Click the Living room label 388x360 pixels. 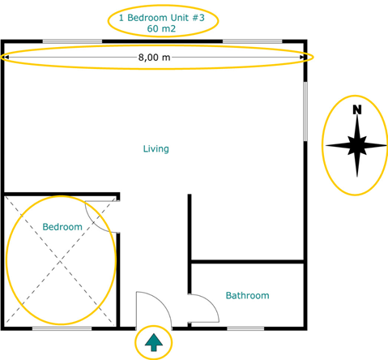click(x=156, y=149)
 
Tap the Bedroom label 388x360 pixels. click(x=62, y=227)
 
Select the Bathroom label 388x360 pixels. click(x=248, y=295)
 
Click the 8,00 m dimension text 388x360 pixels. click(x=154, y=58)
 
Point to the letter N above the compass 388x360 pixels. click(x=357, y=109)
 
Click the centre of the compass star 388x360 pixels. click(x=357, y=145)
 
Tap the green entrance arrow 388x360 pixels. click(x=154, y=342)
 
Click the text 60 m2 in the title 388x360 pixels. click(x=161, y=28)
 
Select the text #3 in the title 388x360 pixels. click(x=198, y=18)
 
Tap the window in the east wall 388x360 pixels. click(x=305, y=111)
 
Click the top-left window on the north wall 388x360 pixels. click(x=72, y=41)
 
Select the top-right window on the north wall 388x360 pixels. click(x=253, y=41)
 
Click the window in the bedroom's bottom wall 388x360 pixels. click(x=62, y=328)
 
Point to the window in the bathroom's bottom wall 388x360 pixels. click(x=245, y=328)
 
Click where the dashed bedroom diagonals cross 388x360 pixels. click(x=60, y=261)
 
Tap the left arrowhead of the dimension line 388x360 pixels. click(x=6, y=57)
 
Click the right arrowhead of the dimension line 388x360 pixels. click(x=301, y=57)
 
